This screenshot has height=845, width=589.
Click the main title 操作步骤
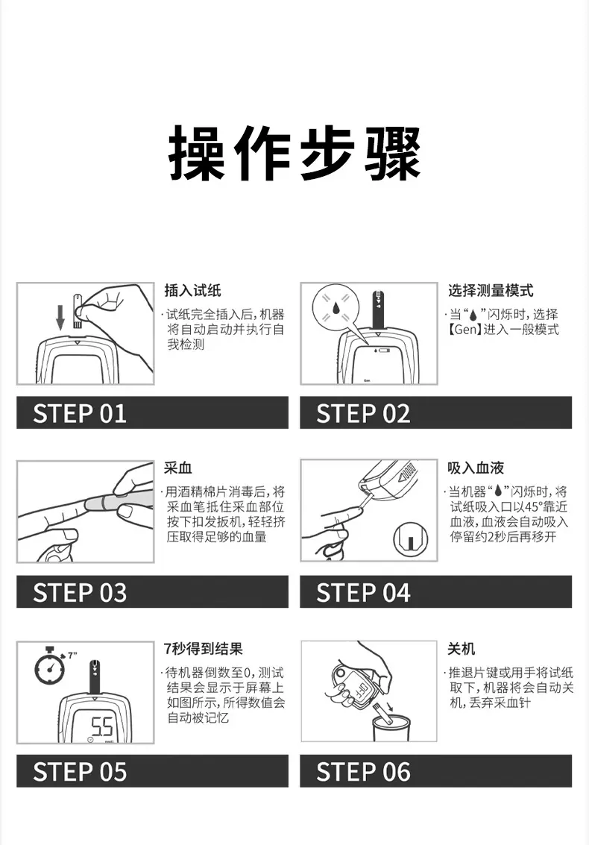[x=295, y=153]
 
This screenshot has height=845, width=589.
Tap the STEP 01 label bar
[x=152, y=412]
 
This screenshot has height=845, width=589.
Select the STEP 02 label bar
[x=435, y=412]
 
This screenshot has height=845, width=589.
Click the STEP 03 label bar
[x=152, y=591]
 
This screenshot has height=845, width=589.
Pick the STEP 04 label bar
[x=435, y=591]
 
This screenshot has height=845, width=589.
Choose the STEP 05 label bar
[x=152, y=770]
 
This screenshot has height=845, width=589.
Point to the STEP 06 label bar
[x=435, y=770]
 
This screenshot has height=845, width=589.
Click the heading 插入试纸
[x=192, y=291]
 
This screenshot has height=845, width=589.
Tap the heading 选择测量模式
[x=490, y=291]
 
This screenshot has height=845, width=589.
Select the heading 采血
[x=178, y=468]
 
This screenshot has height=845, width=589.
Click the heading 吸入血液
[x=475, y=468]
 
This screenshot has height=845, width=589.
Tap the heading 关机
[x=461, y=649]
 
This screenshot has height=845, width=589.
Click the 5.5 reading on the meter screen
[x=101, y=726]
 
